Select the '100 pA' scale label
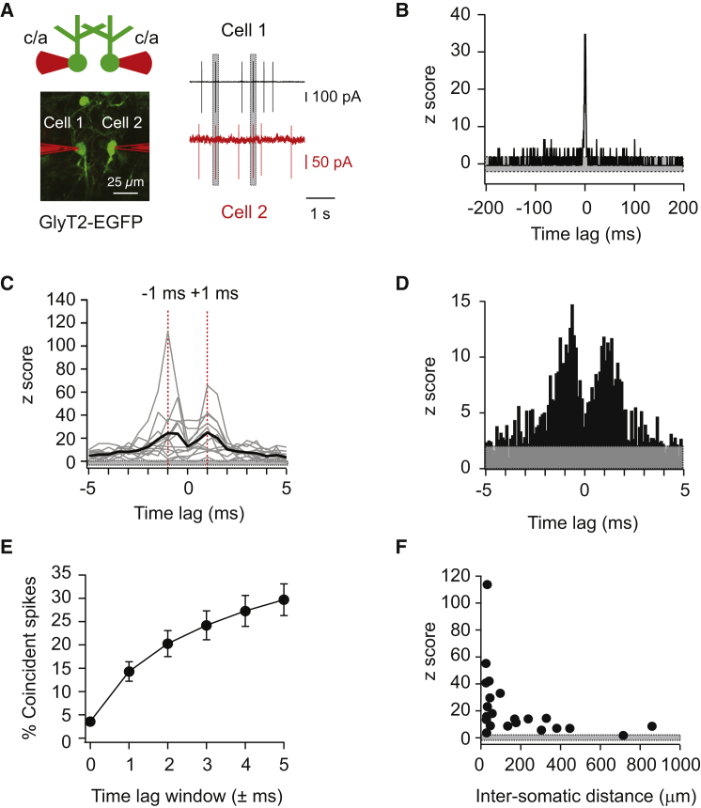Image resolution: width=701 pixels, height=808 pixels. click(332, 97)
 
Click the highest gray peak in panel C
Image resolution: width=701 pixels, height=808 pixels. click(168, 332)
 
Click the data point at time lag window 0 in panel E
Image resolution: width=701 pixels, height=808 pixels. click(90, 722)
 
